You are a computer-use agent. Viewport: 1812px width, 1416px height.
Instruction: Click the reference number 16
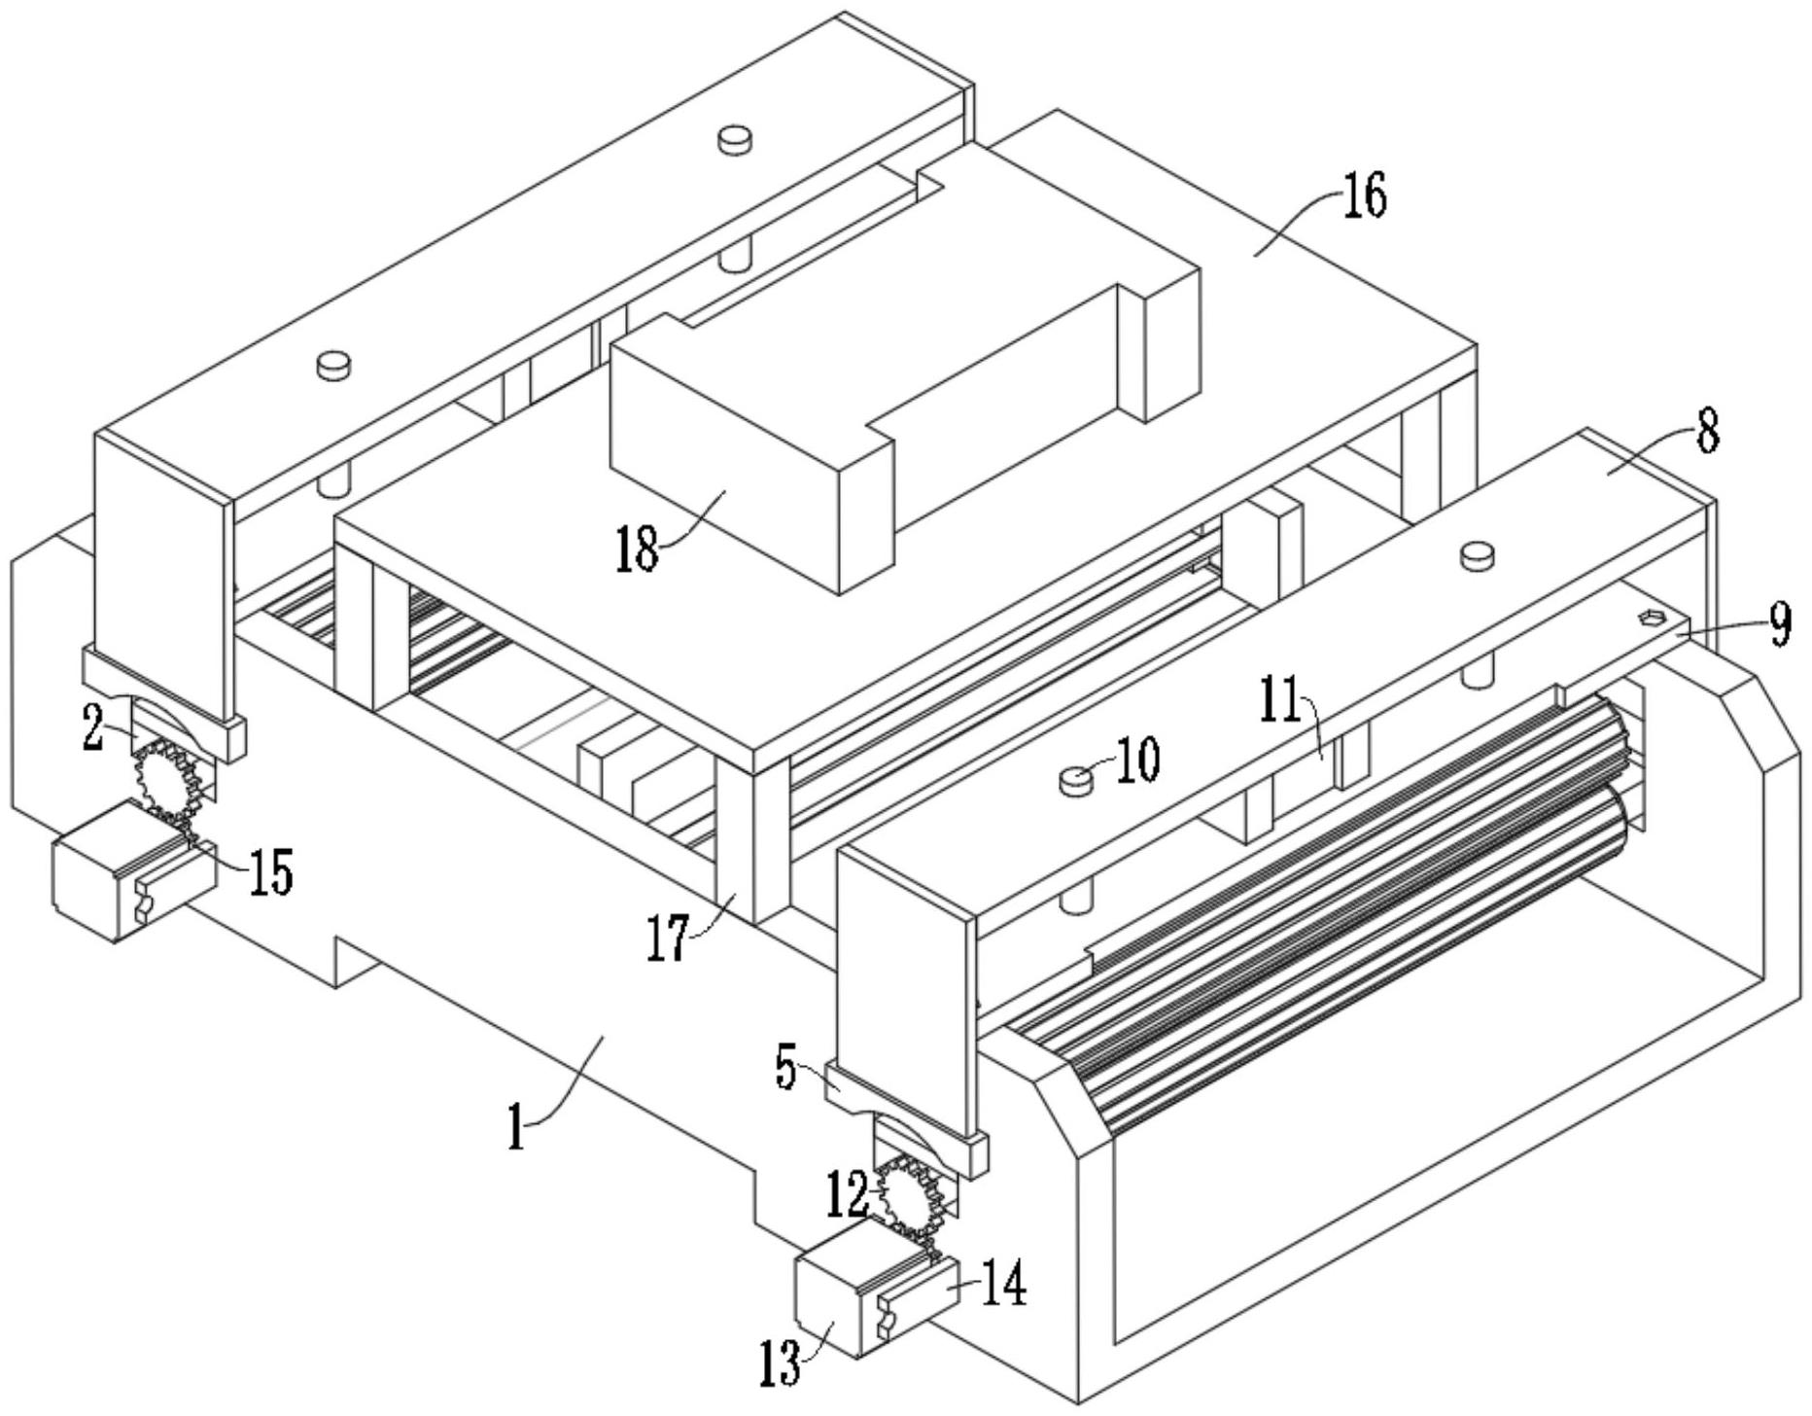(x=1366, y=196)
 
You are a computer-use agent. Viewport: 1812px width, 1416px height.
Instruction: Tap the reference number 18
(x=637, y=549)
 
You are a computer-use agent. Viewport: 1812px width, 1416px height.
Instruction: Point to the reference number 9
(x=1780, y=627)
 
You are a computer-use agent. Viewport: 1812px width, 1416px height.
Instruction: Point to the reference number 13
(x=781, y=1363)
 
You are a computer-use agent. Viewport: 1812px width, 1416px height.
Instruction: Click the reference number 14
(x=1002, y=1286)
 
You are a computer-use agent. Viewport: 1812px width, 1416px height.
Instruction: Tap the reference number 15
(x=269, y=871)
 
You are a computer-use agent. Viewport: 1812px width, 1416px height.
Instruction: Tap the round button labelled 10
(x=1074, y=780)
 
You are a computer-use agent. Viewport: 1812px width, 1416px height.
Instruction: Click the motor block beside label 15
(x=134, y=869)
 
